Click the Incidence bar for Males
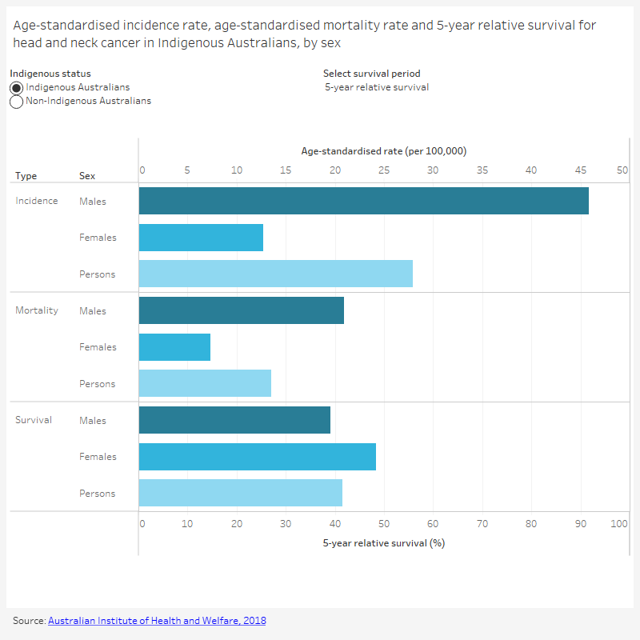[363, 201]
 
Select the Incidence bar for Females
[201, 238]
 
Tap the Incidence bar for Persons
[275, 274]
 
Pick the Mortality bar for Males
[241, 310]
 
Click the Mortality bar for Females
[174, 347]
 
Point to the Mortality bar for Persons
[205, 383]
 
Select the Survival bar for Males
[234, 420]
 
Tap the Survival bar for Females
[257, 457]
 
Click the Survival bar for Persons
[240, 493]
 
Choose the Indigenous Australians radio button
[17, 87]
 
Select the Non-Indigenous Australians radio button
[17, 102]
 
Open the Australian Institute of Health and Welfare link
[157, 621]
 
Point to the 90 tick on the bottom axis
[581, 524]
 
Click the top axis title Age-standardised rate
[383, 151]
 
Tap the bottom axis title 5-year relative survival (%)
[383, 543]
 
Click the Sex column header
[87, 176]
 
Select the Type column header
[26, 176]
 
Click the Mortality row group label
[37, 310]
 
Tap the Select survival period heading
[371, 74]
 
